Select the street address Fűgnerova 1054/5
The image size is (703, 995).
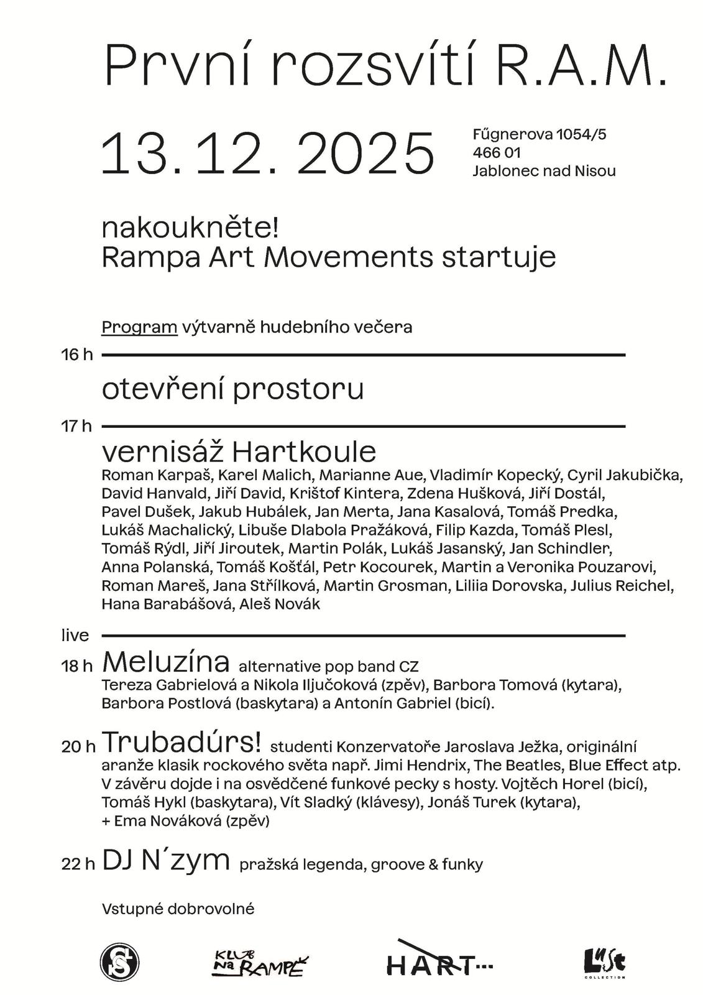pos(539,134)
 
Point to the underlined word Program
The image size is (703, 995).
pos(139,327)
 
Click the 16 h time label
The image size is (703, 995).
pos(77,355)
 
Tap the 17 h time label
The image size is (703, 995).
pos(77,427)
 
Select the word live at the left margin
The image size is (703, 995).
pos(75,636)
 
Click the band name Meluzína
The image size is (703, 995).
pos(166,662)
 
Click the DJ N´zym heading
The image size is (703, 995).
pos(166,861)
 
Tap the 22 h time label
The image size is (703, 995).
pos(78,864)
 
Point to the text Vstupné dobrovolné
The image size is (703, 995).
pos(178,909)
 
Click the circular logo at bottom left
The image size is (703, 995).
pos(119,962)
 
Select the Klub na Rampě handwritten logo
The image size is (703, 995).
pos(262,963)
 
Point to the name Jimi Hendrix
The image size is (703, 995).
pos(420,765)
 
